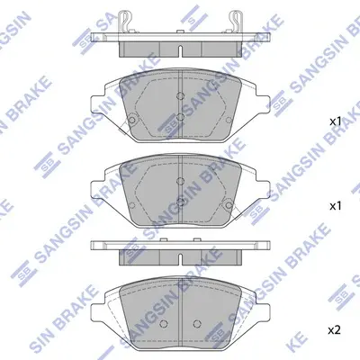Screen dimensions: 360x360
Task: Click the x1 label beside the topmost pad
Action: [335, 121]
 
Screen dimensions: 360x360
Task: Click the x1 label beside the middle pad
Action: [335, 206]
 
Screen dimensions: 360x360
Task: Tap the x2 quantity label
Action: [335, 330]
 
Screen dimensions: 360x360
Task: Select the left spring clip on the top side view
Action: [126, 21]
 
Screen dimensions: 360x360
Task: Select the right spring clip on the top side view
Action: [235, 21]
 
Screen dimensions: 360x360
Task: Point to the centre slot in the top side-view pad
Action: [180, 51]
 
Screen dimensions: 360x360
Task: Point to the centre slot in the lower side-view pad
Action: [180, 259]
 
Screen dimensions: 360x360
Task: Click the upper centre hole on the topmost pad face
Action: [180, 95]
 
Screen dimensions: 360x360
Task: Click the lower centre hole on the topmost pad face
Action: [180, 117]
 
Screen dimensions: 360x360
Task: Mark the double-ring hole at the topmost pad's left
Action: [131, 120]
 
